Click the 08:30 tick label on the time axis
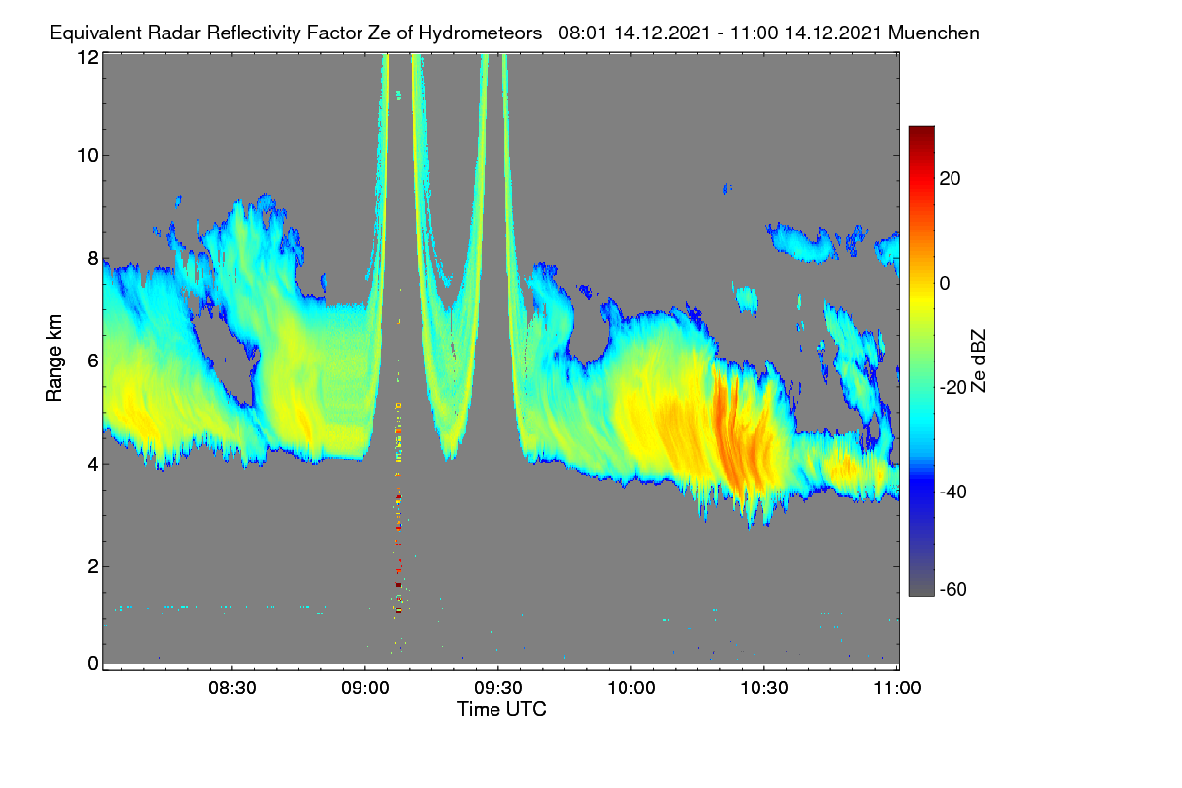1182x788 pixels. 232,689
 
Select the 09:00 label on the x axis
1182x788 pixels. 365,689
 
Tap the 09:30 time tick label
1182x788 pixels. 498,689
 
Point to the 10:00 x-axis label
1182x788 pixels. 631,689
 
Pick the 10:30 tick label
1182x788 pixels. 764,689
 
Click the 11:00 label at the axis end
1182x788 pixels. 897,689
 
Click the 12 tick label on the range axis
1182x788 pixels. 88,57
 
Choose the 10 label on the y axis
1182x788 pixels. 88,156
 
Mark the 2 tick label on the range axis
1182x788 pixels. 93,566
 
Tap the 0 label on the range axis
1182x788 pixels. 93,664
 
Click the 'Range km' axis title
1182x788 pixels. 54,359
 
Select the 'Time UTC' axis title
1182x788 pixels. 501,710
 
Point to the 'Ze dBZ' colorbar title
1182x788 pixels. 978,361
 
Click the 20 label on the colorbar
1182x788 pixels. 950,179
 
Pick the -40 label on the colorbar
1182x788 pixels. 953,492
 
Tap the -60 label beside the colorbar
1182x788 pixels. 953,590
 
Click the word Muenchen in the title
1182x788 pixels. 934,33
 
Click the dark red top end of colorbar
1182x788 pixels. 921,130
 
